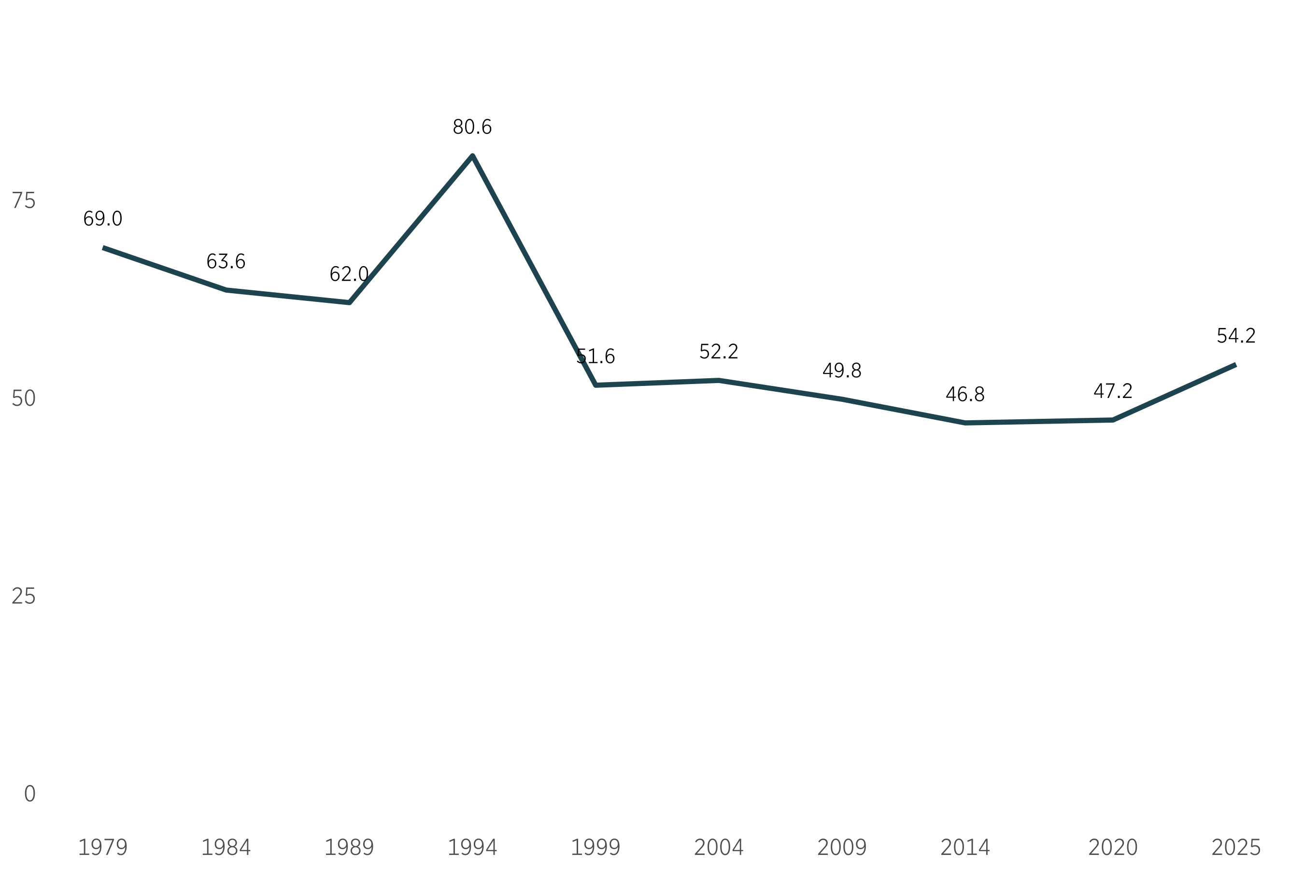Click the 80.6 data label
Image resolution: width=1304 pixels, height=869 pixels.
472,128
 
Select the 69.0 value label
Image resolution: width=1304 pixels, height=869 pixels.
102,219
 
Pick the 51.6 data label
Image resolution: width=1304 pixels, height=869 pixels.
595,357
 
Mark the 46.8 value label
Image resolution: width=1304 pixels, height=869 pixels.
965,395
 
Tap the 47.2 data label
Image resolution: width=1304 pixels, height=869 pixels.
1113,391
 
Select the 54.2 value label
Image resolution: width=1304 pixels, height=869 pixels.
1236,336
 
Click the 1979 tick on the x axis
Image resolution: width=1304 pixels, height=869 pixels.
102,847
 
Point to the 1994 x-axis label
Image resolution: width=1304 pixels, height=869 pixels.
472,847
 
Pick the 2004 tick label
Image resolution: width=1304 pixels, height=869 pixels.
719,847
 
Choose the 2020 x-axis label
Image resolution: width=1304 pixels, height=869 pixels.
1113,847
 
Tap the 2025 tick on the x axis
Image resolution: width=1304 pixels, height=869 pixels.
1236,847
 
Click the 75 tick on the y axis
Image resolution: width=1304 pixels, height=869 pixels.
23,200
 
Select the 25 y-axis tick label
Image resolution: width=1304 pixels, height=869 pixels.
23,597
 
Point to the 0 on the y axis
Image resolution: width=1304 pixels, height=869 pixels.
29,794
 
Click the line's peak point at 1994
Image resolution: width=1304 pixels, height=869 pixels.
472,156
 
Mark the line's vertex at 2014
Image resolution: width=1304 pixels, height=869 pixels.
965,423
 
